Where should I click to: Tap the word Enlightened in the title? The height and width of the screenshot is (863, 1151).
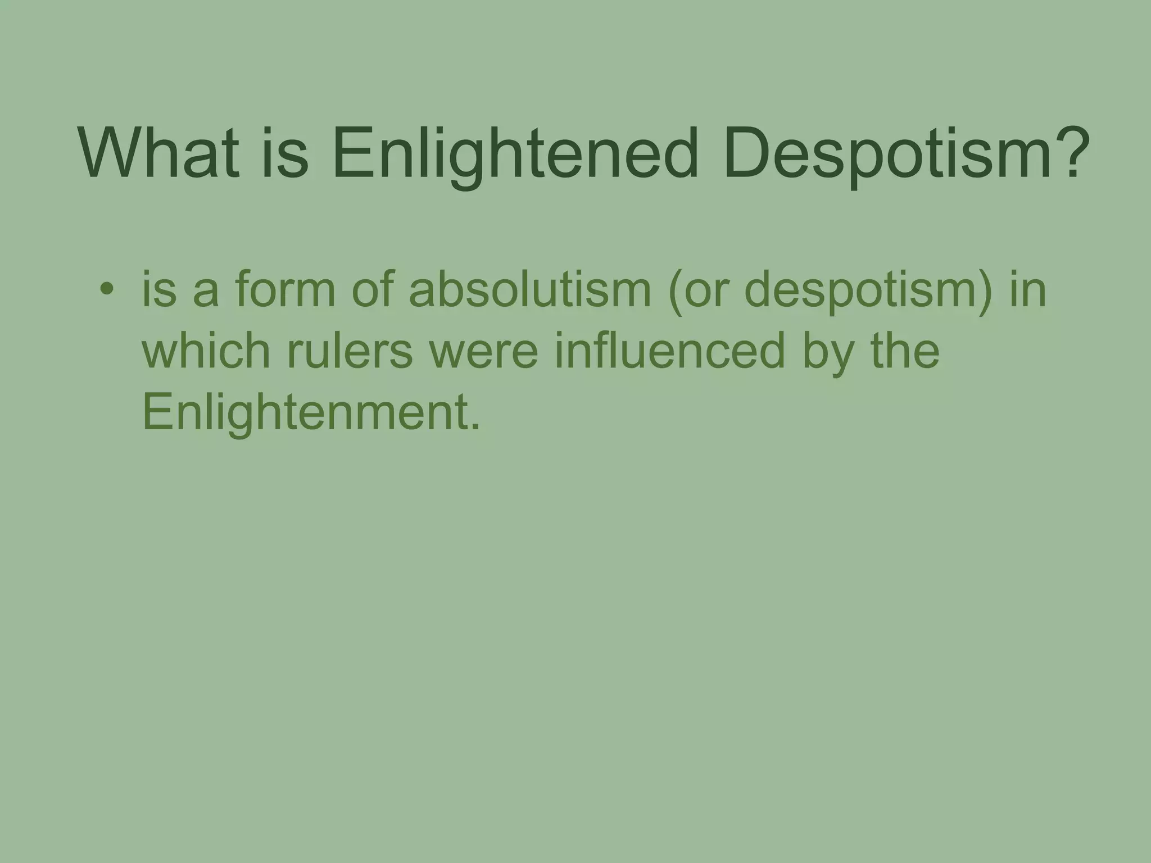(514, 155)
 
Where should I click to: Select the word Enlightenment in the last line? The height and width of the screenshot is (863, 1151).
(311, 414)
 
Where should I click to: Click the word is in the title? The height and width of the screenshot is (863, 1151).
(284, 152)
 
